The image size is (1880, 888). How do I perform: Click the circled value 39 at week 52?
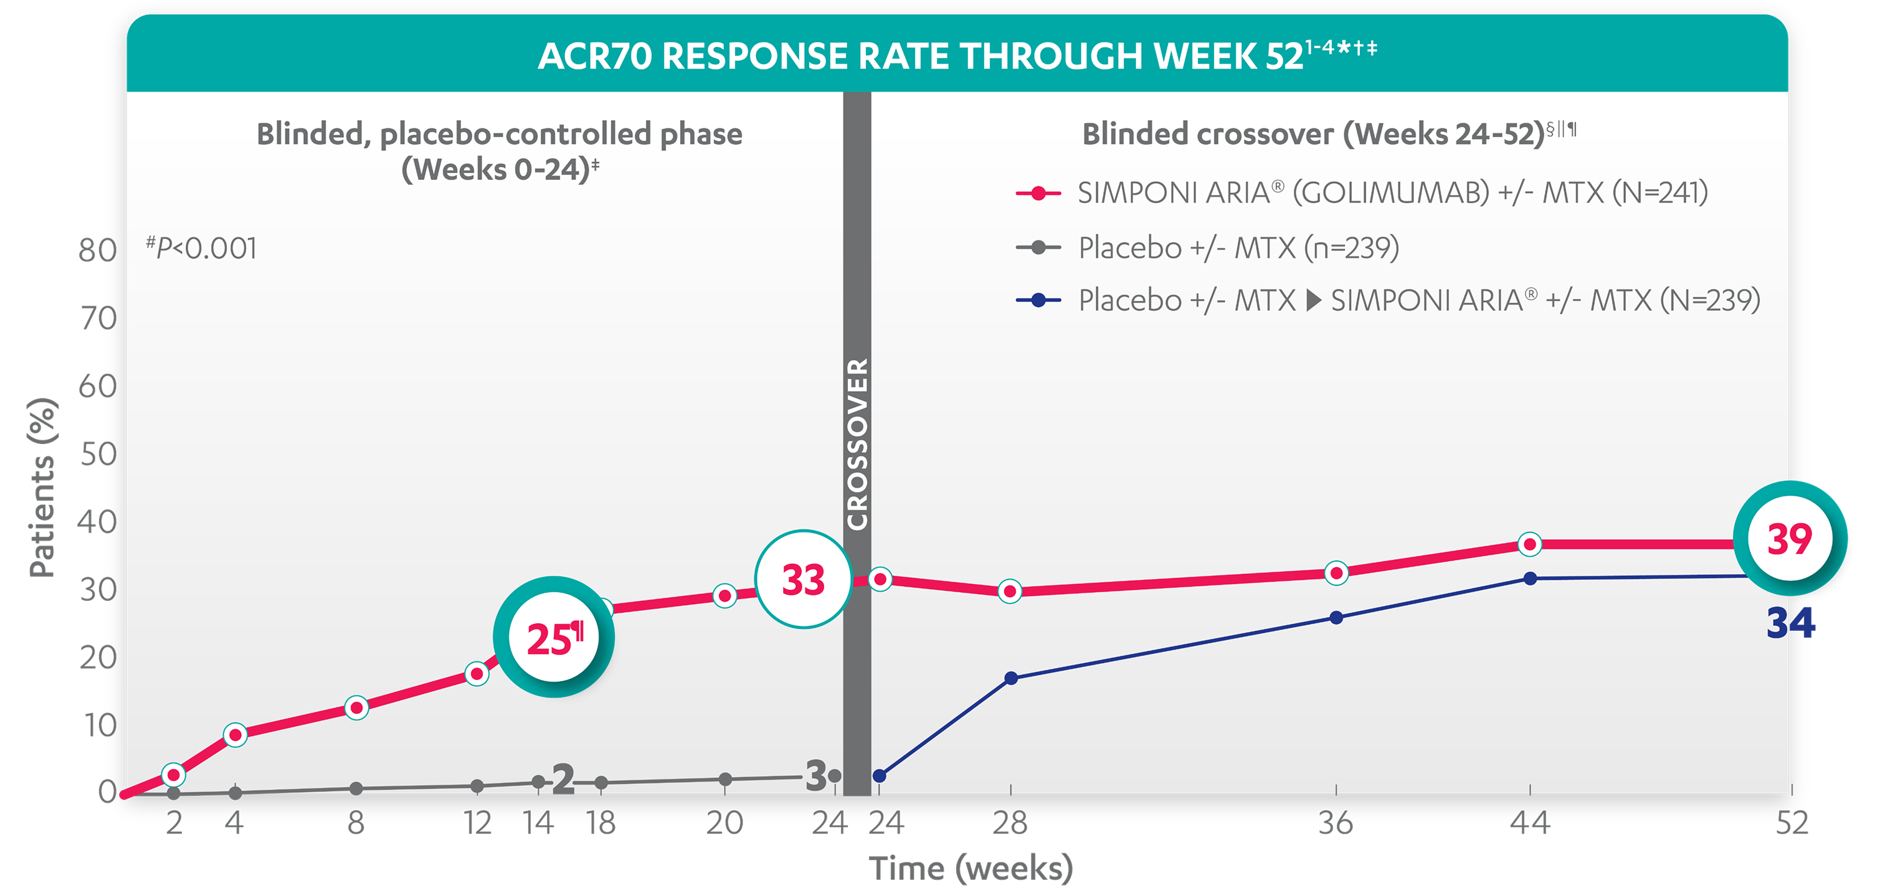1790,539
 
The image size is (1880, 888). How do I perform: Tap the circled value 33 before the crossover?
803,579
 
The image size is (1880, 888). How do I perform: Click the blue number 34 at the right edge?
1790,624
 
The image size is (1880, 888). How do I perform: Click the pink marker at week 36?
1336,574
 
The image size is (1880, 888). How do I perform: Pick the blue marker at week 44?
1531,579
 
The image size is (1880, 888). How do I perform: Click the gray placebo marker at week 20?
724,779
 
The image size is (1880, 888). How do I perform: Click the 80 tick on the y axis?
97,251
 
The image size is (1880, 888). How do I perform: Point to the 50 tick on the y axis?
97,455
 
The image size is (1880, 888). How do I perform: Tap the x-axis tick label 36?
1336,823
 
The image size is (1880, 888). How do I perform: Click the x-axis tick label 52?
1792,823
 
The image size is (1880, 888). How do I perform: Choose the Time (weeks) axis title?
971,867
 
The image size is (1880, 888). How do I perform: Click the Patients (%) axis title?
42,488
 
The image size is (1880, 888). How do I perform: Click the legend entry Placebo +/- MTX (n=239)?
1238,248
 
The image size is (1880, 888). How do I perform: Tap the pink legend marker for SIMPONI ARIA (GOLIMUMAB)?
1038,194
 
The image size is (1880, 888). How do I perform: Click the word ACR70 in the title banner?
594,56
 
